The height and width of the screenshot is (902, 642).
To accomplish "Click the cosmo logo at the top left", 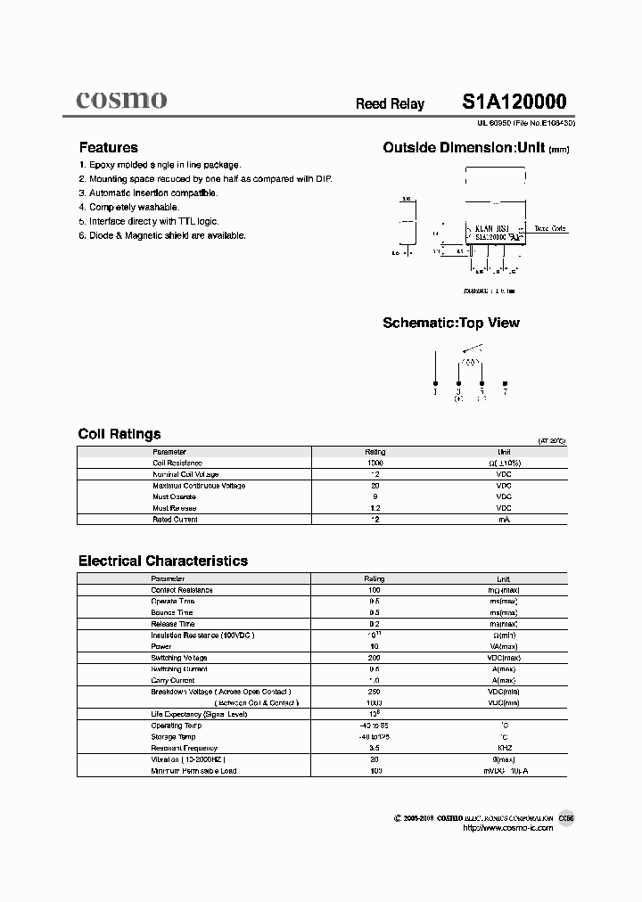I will pyautogui.click(x=120, y=100).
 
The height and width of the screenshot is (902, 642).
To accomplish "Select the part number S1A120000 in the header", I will pyautogui.click(x=514, y=102).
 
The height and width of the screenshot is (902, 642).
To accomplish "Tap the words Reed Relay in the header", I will pyautogui.click(x=390, y=104).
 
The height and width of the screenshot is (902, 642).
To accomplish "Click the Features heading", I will pyautogui.click(x=108, y=148).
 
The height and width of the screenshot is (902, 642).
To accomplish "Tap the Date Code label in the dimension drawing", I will pyautogui.click(x=549, y=229).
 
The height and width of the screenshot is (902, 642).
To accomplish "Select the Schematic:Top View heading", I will pyautogui.click(x=450, y=323).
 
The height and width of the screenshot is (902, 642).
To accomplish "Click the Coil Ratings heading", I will pyautogui.click(x=119, y=434).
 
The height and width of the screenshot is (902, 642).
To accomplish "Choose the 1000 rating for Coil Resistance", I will pyautogui.click(x=374, y=463).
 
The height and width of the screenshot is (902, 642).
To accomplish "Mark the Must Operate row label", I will pyautogui.click(x=174, y=496).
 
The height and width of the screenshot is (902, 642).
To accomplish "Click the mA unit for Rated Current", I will pyautogui.click(x=504, y=519).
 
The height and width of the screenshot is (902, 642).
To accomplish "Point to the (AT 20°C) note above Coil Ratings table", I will pyautogui.click(x=551, y=441).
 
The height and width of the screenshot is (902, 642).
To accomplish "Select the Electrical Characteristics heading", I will pyautogui.click(x=163, y=561).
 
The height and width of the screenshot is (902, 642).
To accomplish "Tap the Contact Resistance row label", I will pyautogui.click(x=182, y=590).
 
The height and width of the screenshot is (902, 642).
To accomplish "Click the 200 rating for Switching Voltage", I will pyautogui.click(x=374, y=658).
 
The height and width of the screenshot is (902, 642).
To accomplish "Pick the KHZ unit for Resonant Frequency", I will pyautogui.click(x=504, y=748).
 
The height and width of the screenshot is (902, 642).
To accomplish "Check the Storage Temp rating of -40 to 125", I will pyautogui.click(x=374, y=737).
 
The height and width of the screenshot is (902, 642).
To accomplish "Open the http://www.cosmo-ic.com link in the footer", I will pyautogui.click(x=508, y=828).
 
